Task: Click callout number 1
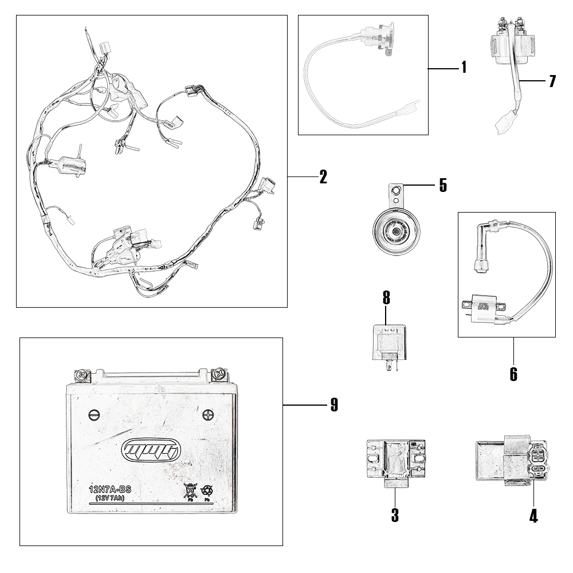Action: point(464,68)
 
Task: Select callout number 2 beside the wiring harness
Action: point(323,177)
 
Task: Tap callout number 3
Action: point(395,515)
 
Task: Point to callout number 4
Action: point(533,516)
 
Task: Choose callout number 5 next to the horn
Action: point(442,186)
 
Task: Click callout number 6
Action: point(513,374)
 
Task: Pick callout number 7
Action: point(552,81)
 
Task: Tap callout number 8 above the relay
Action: point(386,297)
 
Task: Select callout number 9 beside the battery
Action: point(334,405)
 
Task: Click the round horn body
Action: point(396,231)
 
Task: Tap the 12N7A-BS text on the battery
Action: point(111,490)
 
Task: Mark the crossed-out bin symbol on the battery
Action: point(190,490)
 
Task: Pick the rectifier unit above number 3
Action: point(395,461)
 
